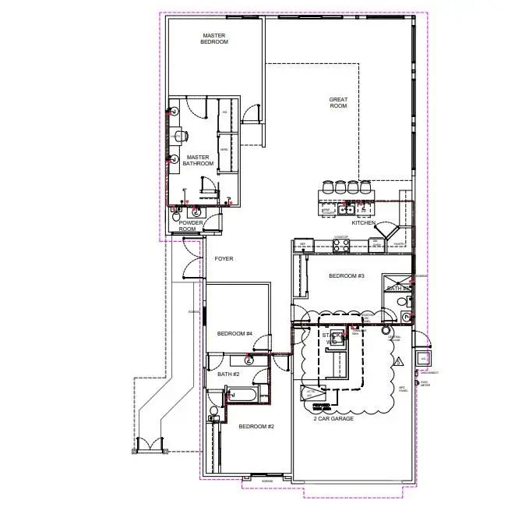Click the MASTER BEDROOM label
[215, 38]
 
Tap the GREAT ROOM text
[338, 102]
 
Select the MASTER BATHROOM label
[198, 160]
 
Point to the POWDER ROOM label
[191, 226]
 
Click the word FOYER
[224, 258]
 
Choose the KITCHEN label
[363, 223]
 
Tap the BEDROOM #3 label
[346, 276]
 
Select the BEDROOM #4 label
[235, 334]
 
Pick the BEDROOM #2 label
[256, 426]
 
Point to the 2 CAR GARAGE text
[334, 419]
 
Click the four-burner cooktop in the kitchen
[341, 244]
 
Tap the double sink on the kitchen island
[347, 209]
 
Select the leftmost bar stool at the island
[327, 186]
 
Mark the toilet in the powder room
[196, 211]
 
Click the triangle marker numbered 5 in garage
[397, 361]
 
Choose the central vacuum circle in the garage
[385, 330]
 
